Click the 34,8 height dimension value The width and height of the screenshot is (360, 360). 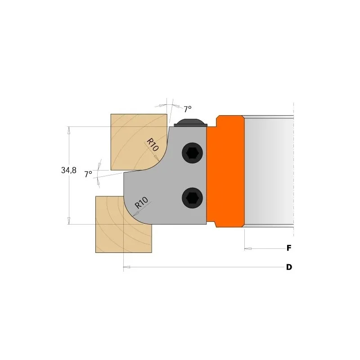pyautogui.click(x=69, y=170)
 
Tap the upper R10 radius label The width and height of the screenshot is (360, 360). pyautogui.click(x=153, y=144)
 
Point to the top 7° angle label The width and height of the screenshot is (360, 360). pyautogui.click(x=188, y=109)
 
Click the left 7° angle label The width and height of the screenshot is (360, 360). pyautogui.click(x=88, y=174)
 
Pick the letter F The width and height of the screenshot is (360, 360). pyautogui.click(x=289, y=248)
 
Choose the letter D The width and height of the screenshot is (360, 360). pyautogui.click(x=289, y=267)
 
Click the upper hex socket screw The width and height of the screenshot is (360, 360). pyautogui.click(x=193, y=153)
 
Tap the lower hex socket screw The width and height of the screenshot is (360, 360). pyautogui.click(x=193, y=198)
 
